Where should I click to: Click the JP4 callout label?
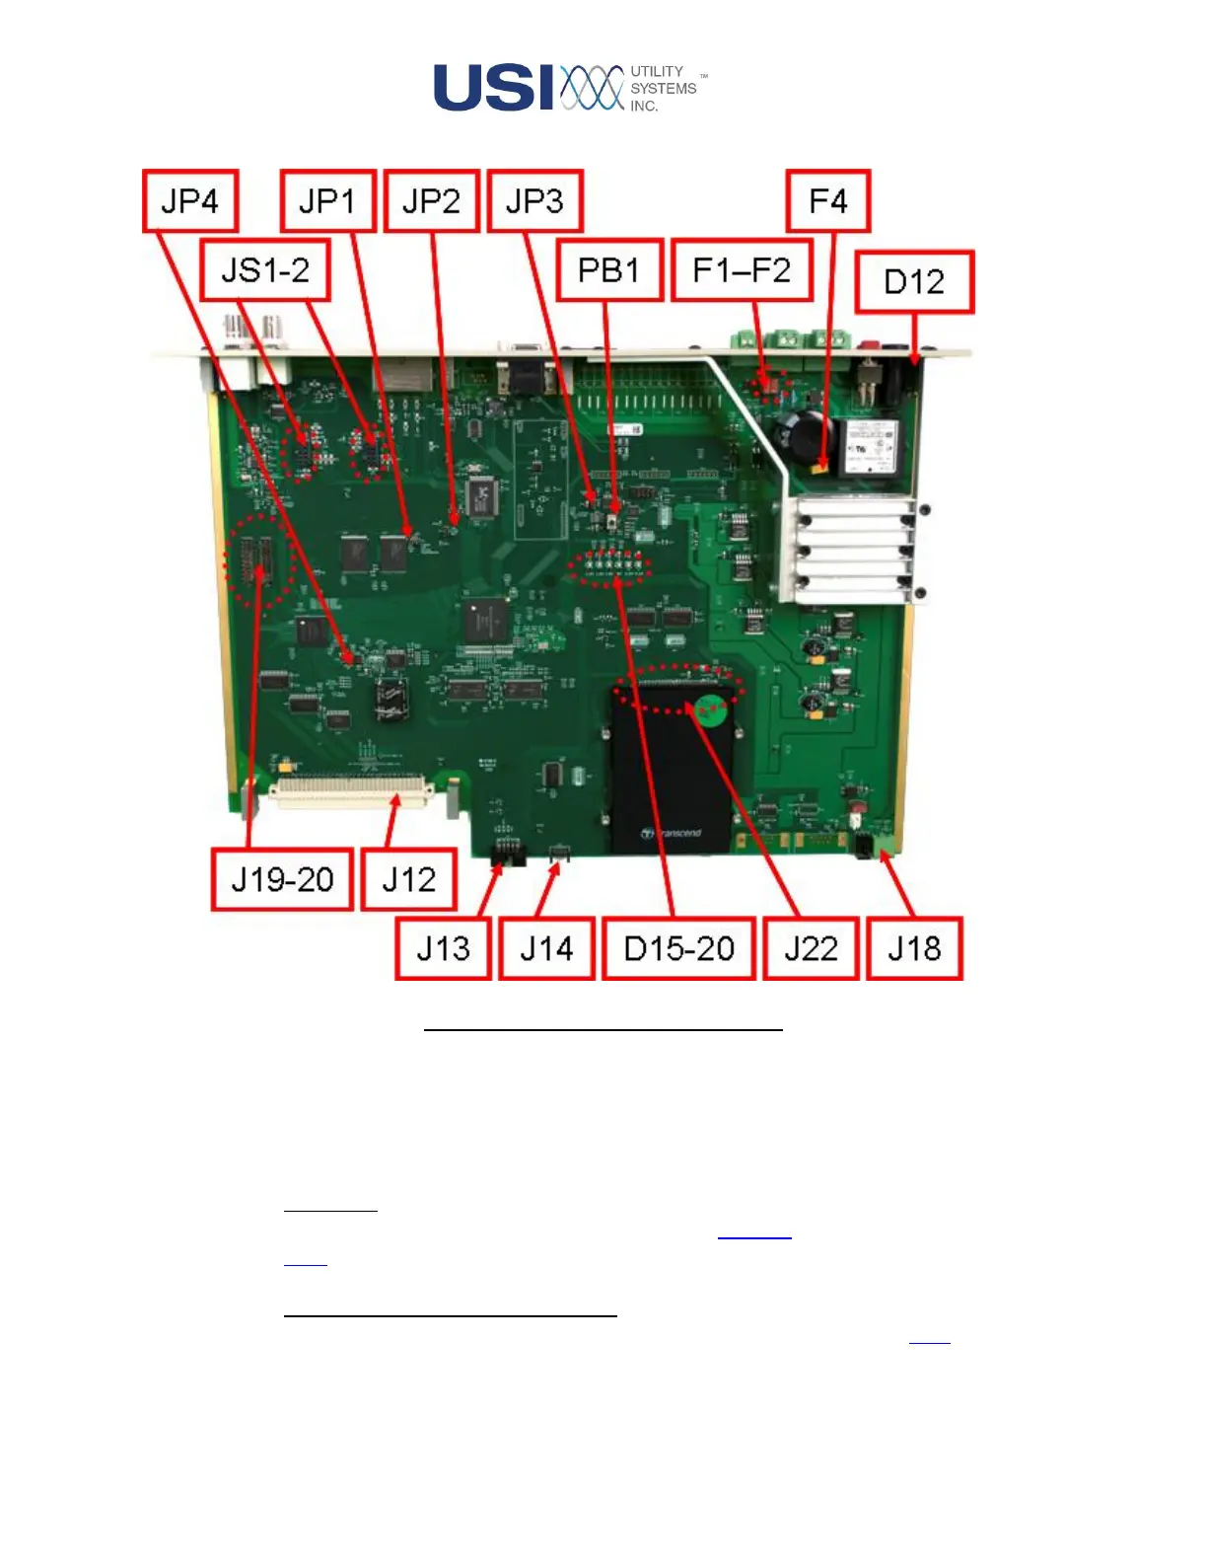point(190,201)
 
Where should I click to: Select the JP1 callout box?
point(327,201)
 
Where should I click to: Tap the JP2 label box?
point(431,201)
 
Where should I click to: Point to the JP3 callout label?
point(534,201)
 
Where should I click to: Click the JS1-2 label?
point(265,269)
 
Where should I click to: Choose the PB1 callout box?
point(608,269)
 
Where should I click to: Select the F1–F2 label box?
point(742,269)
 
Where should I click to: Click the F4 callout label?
point(828,201)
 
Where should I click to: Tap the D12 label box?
point(914,282)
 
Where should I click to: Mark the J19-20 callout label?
point(282,879)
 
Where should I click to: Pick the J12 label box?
point(408,879)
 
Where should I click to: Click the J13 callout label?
point(443,948)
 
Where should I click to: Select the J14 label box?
point(546,948)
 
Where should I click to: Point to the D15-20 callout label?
point(679,948)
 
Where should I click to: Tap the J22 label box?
point(811,948)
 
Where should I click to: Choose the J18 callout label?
point(914,948)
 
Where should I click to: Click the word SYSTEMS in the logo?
point(664,89)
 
